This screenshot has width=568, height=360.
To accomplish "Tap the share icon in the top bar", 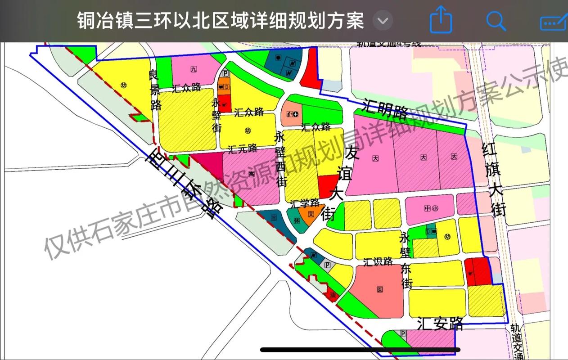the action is pyautogui.click(x=441, y=21).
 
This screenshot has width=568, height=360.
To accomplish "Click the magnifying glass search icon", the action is pyautogui.click(x=496, y=21).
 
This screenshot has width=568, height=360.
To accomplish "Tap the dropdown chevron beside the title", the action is pyautogui.click(x=383, y=21).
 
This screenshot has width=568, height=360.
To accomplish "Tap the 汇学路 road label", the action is pyautogui.click(x=305, y=203).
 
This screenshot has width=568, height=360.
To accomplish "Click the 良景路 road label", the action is pyautogui.click(x=156, y=90).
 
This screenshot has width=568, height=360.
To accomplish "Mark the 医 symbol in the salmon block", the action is pyautogui.click(x=379, y=289).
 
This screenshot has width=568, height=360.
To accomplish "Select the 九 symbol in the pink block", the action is pyautogui.click(x=194, y=69).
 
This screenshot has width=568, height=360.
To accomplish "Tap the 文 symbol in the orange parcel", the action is pyautogui.click(x=310, y=214).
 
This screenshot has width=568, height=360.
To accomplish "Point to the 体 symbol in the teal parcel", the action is pyautogui.click(x=297, y=221).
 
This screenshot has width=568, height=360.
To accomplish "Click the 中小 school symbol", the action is pyautogui.click(x=431, y=208).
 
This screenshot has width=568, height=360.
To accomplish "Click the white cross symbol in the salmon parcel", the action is pyautogui.click(x=295, y=114).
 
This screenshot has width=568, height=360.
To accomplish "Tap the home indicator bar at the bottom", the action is pyautogui.click(x=360, y=349).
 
